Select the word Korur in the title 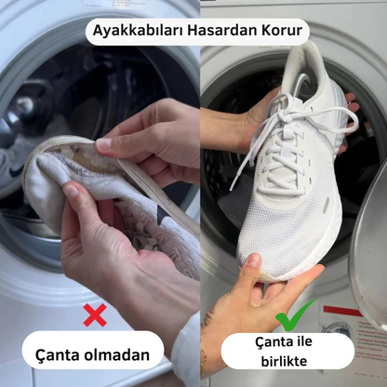coord(278,32)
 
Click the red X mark coord(95,315)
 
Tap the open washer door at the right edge coord(369,251)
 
